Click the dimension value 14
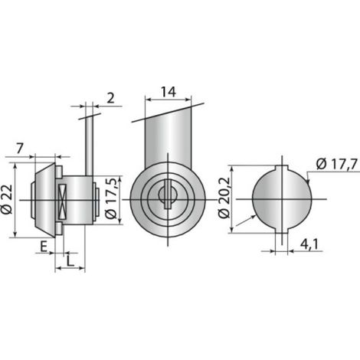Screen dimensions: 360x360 pyautogui.click(x=169, y=92)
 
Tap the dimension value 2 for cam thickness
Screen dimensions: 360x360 pyautogui.click(x=110, y=98)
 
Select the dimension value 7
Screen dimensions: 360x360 pyautogui.click(x=20, y=149)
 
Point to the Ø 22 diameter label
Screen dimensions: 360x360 pyautogui.click(x=7, y=199)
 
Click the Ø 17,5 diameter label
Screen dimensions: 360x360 pyautogui.click(x=111, y=199)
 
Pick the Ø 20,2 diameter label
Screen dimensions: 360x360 pyautogui.click(x=224, y=198)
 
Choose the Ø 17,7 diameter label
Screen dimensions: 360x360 pyautogui.click(x=336, y=164)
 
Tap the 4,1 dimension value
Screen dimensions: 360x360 pyautogui.click(x=309, y=245)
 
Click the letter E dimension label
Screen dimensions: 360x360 pyautogui.click(x=44, y=247)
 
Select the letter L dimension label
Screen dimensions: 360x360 pyautogui.click(x=70, y=261)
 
